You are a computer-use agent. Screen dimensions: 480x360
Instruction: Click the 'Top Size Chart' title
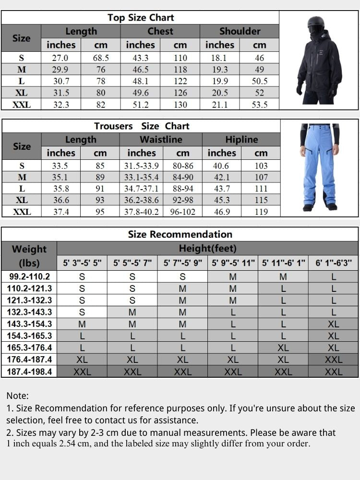click(140, 18)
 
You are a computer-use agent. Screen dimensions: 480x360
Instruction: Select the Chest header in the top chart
click(160, 31)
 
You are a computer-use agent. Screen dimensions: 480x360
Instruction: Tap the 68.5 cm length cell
click(101, 58)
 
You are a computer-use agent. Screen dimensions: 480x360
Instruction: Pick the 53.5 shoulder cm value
click(259, 104)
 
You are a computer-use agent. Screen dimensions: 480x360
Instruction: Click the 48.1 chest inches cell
click(140, 81)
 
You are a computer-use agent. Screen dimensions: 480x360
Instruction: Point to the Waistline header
click(161, 140)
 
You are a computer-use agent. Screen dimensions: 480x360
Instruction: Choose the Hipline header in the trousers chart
click(241, 140)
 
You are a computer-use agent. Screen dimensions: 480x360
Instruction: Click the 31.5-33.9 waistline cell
click(141, 166)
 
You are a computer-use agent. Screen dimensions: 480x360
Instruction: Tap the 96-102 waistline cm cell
click(182, 212)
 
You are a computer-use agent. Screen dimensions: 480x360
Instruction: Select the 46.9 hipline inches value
click(221, 212)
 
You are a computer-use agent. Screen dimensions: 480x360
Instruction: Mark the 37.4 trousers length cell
click(61, 212)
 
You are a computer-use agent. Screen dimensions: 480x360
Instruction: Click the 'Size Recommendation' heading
click(180, 234)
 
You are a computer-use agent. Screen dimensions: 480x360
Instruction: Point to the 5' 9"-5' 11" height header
click(233, 263)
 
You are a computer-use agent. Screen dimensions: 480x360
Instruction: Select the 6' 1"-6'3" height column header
click(334, 263)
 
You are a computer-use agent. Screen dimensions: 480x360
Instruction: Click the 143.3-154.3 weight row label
click(29, 324)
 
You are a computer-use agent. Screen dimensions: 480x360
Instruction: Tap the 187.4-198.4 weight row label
click(29, 372)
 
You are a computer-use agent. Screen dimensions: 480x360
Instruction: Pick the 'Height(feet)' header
click(207, 249)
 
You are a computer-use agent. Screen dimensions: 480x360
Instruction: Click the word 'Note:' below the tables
click(18, 396)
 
